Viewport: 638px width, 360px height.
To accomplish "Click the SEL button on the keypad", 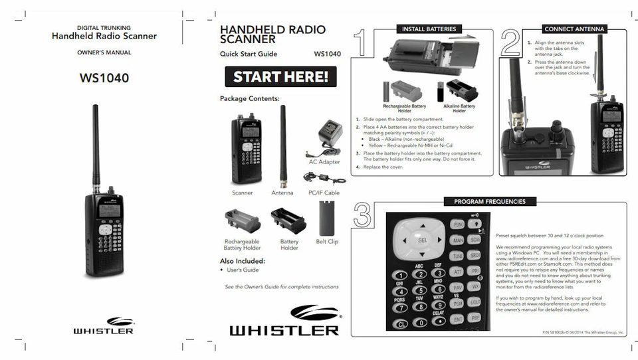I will point(421,240).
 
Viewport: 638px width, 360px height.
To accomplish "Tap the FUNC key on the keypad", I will point(458,225).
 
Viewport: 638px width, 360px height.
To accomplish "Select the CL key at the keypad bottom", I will point(401,323).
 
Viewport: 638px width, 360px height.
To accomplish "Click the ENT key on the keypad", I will point(458,319).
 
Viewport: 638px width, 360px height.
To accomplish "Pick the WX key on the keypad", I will point(475,286).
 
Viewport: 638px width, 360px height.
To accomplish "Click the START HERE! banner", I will point(280,77).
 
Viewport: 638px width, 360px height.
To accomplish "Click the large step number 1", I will point(362,43).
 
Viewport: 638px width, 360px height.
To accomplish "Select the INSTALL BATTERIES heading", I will point(429,29).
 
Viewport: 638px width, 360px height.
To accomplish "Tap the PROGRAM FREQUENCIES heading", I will point(489,201).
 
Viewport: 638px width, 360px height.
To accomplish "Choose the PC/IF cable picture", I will point(323,178).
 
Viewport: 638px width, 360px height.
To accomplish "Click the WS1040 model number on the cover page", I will point(104,78).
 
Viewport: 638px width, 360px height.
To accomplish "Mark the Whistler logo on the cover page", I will point(103,325).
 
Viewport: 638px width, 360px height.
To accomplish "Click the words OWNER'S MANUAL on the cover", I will point(104,52).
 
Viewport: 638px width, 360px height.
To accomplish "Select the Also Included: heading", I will point(242,261).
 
